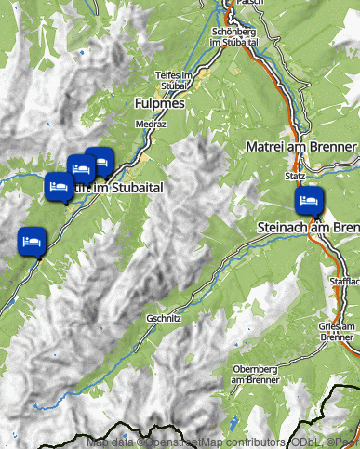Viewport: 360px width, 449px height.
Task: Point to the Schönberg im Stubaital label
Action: coord(227,35)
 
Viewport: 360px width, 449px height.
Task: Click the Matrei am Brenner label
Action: coord(300,147)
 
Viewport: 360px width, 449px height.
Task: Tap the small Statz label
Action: coord(295,174)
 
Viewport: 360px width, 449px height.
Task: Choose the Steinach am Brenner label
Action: coord(308,227)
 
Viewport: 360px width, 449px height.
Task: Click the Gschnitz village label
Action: coord(164,318)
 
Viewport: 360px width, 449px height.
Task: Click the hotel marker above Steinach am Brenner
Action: coord(310,201)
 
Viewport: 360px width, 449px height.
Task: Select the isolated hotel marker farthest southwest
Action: coord(32,240)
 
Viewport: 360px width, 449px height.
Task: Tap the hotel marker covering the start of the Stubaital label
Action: coord(60,187)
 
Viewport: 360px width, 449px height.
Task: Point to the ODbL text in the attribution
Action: coord(302,442)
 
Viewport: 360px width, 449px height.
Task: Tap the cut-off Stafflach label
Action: coord(344,280)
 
